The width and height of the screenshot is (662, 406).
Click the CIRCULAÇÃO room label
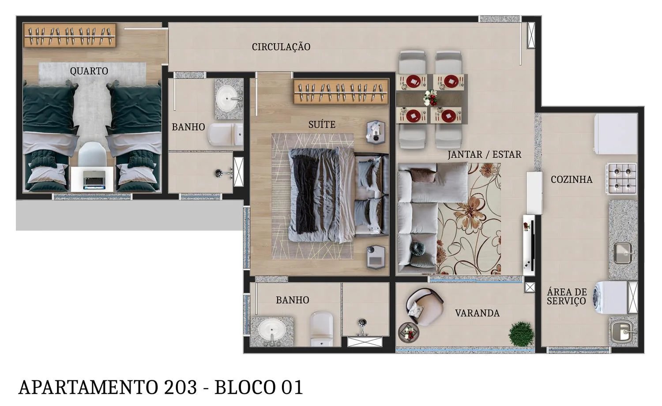281,47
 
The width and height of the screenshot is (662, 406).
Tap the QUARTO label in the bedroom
89,71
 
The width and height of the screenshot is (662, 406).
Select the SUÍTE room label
322,125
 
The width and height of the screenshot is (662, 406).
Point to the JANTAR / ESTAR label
484,155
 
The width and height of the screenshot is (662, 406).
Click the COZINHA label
571,179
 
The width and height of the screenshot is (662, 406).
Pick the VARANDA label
477,313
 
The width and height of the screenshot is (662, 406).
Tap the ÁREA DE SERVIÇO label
567,296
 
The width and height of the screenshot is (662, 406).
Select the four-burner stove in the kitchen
622,179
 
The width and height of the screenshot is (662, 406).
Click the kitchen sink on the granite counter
623,254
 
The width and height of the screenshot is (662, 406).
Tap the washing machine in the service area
611,297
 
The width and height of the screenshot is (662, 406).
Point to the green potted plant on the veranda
521,333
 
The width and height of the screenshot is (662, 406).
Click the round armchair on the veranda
424,306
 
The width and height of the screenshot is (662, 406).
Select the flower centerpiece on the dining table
430,97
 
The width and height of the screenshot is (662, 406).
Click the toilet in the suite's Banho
321,328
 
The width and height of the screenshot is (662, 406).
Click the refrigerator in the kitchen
615,134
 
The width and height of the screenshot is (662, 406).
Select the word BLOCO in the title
245,387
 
